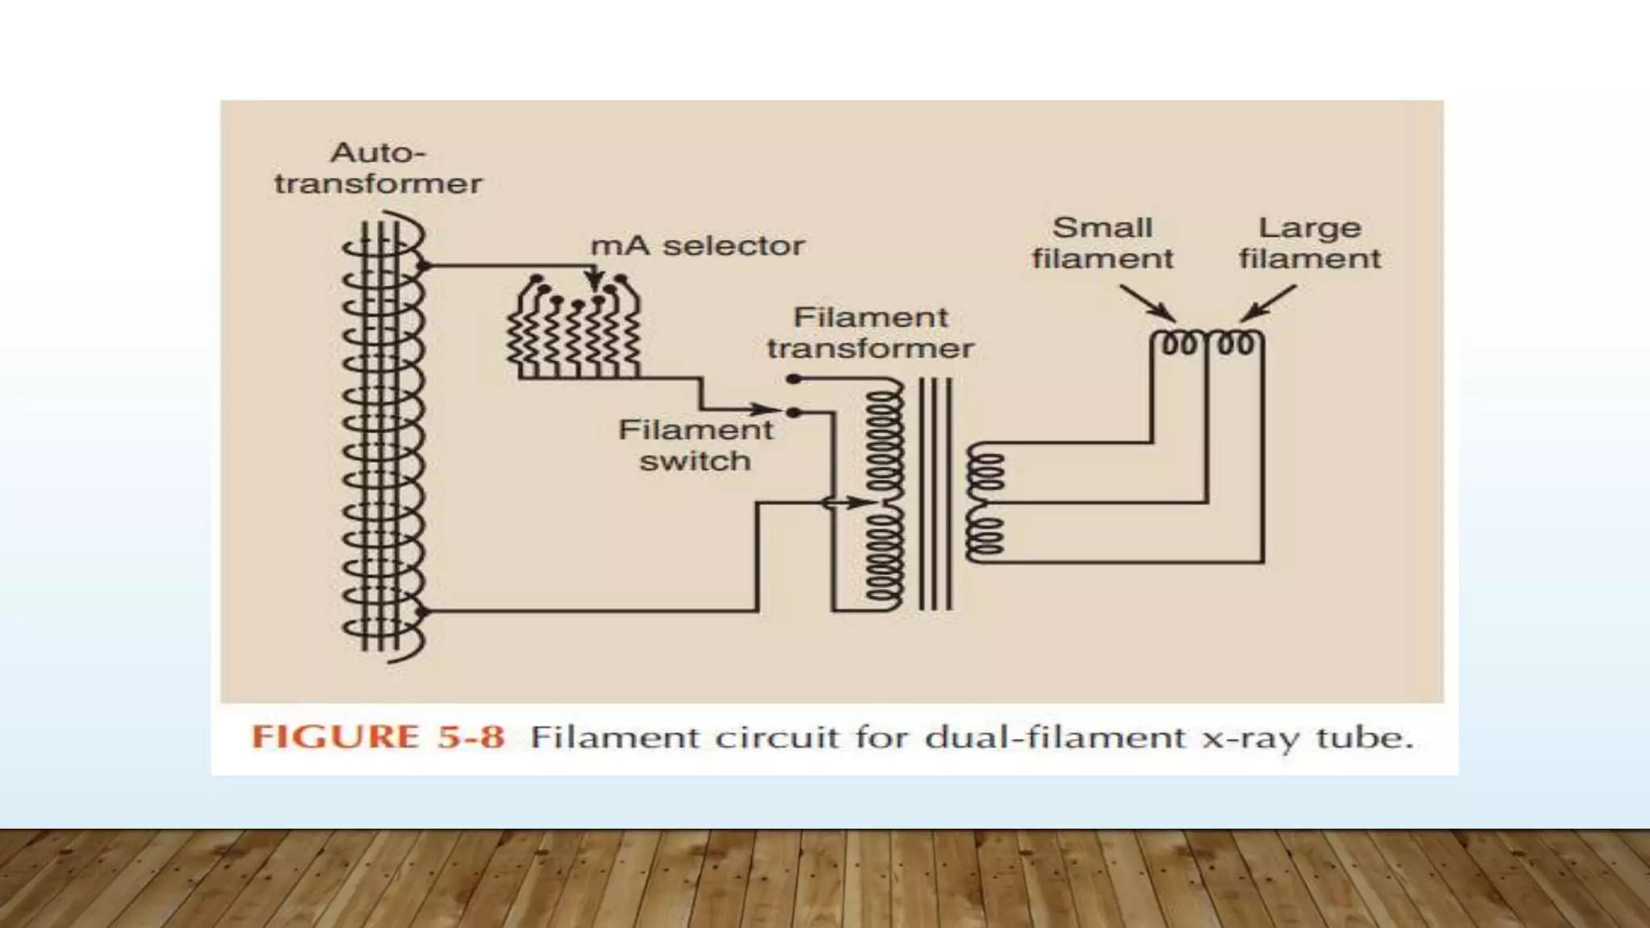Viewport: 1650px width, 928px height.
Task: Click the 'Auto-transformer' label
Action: click(378, 168)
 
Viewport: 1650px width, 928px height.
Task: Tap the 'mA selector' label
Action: click(698, 246)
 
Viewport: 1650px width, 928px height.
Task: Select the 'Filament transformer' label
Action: click(870, 333)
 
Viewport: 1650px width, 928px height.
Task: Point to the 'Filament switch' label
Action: click(695, 445)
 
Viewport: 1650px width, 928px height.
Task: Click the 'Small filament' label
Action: click(1102, 243)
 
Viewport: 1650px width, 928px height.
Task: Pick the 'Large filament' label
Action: click(1310, 243)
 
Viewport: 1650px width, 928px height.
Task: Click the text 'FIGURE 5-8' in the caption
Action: click(378, 737)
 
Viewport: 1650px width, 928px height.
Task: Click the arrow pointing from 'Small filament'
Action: click(1147, 304)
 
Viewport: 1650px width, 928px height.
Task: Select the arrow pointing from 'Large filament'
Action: click(1268, 304)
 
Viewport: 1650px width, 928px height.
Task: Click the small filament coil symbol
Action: click(1179, 342)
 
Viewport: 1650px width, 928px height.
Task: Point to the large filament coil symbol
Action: click(1236, 342)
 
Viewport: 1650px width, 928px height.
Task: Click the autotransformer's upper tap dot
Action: click(425, 266)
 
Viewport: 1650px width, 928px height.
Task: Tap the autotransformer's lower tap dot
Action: click(425, 612)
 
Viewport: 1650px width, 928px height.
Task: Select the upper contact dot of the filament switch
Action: click(794, 379)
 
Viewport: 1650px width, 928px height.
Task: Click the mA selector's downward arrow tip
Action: click(595, 290)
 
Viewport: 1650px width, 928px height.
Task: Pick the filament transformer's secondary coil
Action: click(985, 502)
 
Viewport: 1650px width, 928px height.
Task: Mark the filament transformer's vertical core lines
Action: click(935, 494)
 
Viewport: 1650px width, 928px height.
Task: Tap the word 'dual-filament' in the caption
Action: click(1055, 737)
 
